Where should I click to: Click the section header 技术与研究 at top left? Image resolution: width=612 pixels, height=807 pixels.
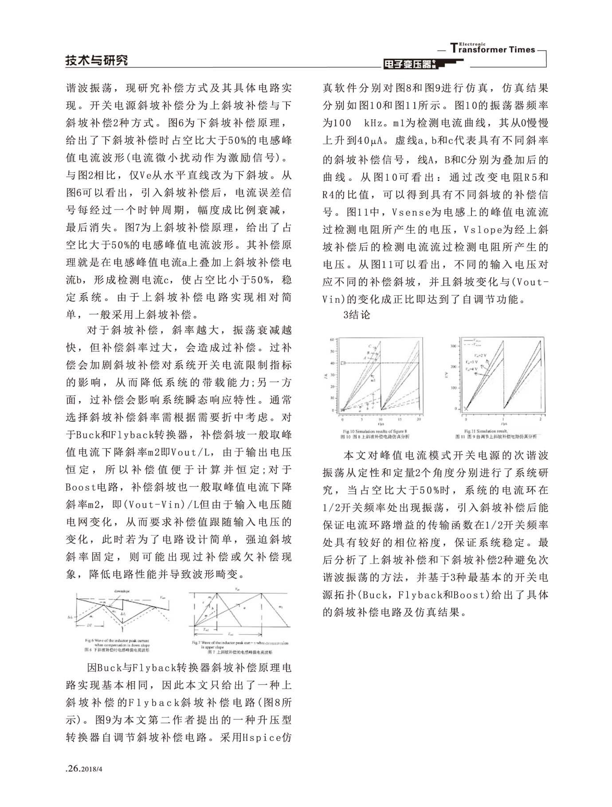pos(97,60)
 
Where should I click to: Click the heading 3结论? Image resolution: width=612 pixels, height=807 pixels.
pos(357,315)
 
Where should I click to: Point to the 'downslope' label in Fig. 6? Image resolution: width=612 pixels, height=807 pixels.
pos(122,591)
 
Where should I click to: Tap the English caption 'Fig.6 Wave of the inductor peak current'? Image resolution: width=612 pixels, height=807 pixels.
pos(117,640)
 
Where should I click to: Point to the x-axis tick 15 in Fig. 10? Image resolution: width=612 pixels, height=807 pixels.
pos(400,419)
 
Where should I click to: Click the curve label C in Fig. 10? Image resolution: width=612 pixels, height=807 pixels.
pos(369,346)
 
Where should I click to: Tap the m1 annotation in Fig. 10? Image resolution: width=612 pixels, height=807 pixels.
pos(373,380)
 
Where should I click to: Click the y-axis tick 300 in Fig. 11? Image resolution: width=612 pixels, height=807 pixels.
pos(453,346)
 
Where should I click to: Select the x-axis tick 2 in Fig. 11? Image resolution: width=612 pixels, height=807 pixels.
pos(540,419)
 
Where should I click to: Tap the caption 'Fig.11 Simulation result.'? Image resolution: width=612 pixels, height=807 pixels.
pos(486,431)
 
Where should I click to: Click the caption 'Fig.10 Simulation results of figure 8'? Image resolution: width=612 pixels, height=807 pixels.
pos(375,431)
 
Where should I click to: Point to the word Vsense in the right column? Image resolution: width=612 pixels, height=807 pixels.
pos(410,212)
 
